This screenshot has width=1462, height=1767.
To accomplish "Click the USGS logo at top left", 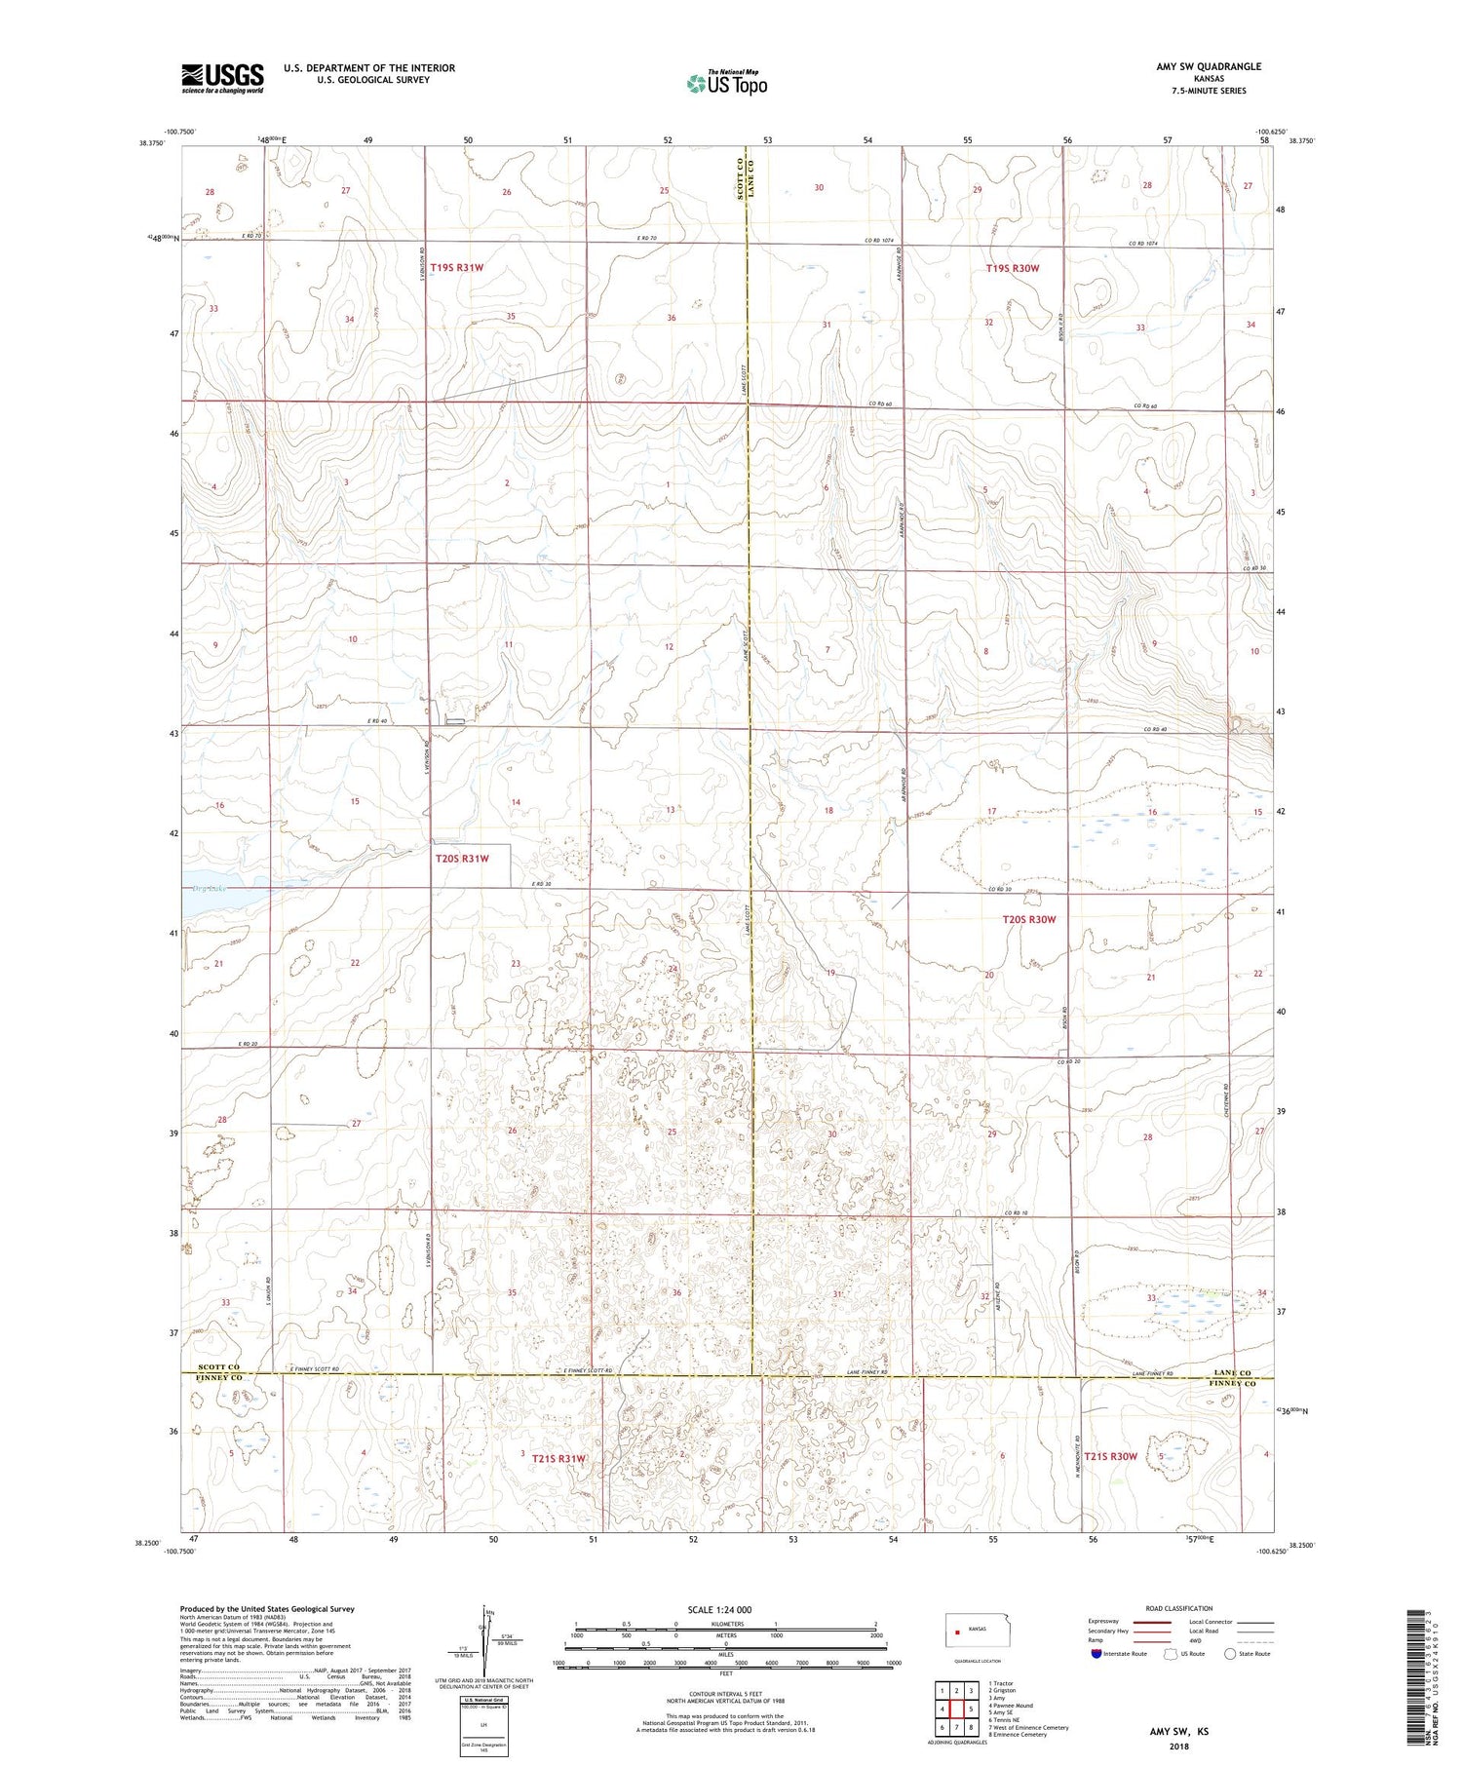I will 222,78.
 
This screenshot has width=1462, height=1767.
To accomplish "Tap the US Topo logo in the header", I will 726,84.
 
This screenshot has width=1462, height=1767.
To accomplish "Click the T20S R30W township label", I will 1028,919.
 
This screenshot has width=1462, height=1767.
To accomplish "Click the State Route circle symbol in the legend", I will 1230,1654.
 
